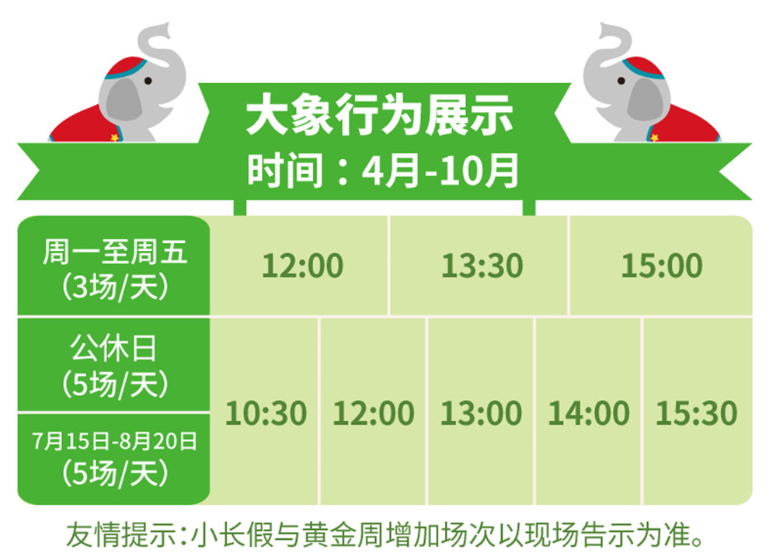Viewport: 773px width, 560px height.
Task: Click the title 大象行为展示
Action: click(x=380, y=116)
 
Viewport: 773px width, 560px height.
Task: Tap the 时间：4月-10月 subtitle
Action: click(x=383, y=170)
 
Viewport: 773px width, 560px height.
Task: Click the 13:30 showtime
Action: click(x=482, y=266)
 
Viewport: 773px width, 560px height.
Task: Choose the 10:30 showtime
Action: click(x=266, y=412)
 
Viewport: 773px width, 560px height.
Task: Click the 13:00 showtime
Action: click(x=481, y=412)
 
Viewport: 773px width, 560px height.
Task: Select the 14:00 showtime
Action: click(x=589, y=412)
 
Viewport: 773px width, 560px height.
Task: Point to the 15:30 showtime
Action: click(x=696, y=412)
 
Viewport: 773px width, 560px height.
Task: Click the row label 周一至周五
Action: click(x=114, y=252)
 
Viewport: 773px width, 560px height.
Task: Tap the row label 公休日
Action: click(x=113, y=348)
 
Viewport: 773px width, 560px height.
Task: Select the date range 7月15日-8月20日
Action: click(x=114, y=440)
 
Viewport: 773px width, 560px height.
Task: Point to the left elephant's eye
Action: click(x=148, y=81)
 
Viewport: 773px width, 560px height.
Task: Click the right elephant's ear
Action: click(x=644, y=99)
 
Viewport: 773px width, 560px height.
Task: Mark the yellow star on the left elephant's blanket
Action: click(x=114, y=137)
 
